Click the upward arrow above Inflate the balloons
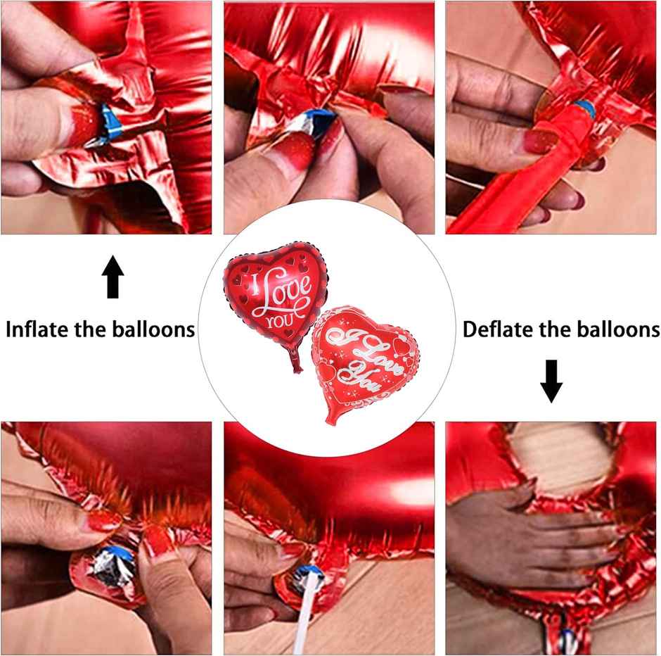tap(113, 277)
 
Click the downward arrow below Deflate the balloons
tap(551, 381)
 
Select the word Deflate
tap(498, 329)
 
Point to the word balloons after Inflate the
tap(153, 329)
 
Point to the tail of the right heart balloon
tap(330, 420)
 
